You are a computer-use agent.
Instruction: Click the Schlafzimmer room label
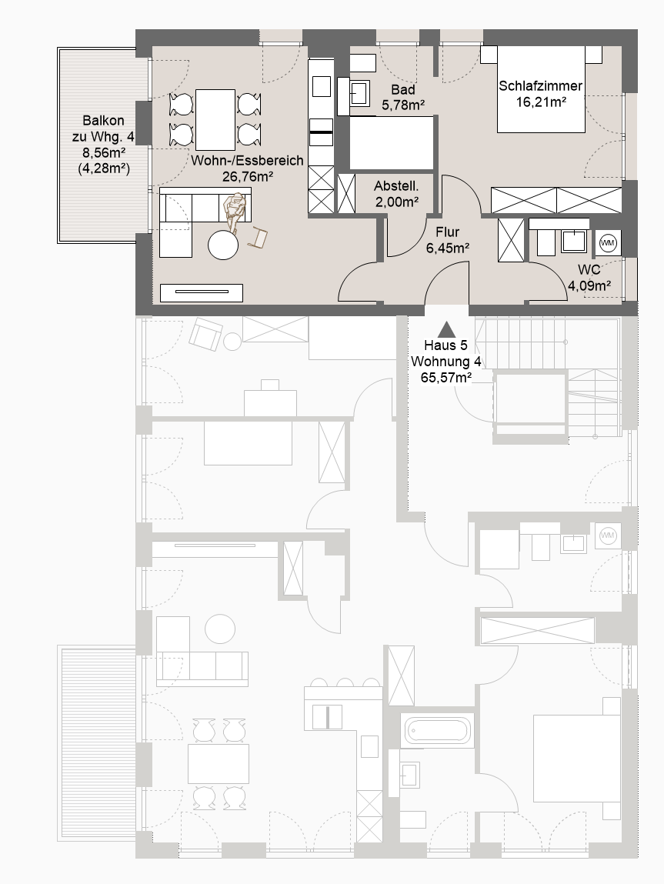pos(540,86)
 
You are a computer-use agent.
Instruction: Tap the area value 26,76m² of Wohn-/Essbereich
pos(248,176)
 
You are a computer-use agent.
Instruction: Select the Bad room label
pos(403,90)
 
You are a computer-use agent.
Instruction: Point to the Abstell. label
pos(396,186)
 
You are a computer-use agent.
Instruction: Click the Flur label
pos(448,232)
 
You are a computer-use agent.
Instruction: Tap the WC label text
pos(589,270)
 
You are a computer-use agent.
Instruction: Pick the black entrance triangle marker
pos(446,329)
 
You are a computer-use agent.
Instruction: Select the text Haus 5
pos(445,345)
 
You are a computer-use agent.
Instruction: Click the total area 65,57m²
pos(445,378)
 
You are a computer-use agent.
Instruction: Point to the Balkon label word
pos(103,121)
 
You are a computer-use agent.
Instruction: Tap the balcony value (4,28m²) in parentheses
pos(104,168)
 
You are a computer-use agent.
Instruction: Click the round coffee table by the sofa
pos(223,245)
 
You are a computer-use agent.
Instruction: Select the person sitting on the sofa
pos(235,211)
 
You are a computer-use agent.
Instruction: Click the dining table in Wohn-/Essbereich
pos(215,119)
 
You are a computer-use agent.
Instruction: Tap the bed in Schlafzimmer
pos(541,89)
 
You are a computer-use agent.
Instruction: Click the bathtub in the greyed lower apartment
pos(437,731)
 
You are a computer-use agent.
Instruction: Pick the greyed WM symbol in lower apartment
pos(607,535)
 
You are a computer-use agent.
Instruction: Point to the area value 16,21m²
pos(541,102)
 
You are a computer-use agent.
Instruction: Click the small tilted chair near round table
pos(258,236)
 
